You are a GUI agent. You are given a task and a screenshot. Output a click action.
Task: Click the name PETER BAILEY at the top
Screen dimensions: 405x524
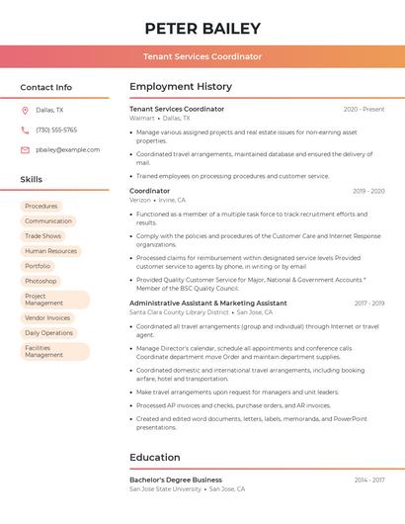click(x=202, y=29)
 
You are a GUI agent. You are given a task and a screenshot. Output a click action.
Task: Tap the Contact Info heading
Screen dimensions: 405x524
click(x=45, y=87)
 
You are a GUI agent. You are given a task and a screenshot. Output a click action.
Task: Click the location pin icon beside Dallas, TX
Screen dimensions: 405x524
click(x=25, y=110)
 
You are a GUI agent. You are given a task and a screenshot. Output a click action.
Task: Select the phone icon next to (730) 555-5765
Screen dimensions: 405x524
click(x=25, y=130)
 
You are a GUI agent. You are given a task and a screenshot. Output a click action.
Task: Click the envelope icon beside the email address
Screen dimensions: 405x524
click(x=25, y=149)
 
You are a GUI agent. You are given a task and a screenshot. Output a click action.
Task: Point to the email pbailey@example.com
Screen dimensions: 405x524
click(x=67, y=149)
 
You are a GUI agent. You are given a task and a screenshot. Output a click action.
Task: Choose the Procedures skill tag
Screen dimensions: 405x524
click(x=40, y=206)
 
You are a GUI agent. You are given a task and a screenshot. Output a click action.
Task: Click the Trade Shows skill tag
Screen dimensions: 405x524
click(x=42, y=236)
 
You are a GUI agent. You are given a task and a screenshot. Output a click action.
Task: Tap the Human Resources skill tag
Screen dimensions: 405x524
click(x=50, y=251)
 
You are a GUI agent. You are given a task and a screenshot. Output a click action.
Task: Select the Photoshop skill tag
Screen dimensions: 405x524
click(x=40, y=281)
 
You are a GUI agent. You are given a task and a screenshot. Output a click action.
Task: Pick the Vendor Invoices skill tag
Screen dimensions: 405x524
click(x=47, y=317)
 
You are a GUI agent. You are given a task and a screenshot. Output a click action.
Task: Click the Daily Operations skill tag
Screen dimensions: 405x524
click(x=48, y=333)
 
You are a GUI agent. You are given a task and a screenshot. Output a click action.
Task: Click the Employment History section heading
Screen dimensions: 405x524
click(x=180, y=87)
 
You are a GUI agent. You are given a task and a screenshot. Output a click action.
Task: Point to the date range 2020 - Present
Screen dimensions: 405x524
click(x=364, y=109)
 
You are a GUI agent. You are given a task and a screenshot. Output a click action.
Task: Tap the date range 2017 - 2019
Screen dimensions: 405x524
click(x=368, y=303)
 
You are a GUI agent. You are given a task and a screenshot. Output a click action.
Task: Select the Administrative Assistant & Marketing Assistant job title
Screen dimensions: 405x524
click(x=207, y=303)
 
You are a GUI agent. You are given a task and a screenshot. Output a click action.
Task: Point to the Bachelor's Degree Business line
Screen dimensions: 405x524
click(x=175, y=480)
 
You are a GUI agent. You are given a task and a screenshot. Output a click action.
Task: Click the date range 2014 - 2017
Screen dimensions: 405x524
click(x=368, y=480)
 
